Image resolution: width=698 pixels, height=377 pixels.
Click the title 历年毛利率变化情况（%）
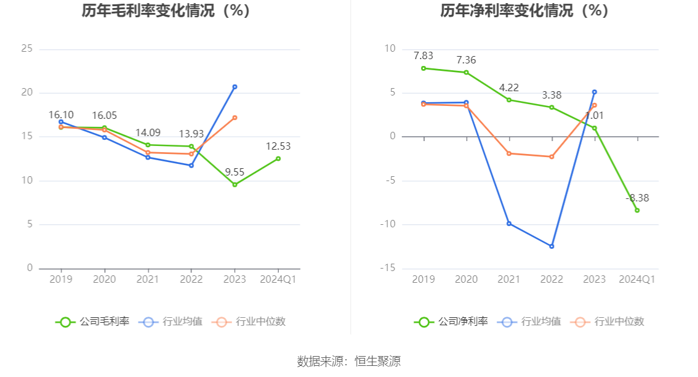[x=166, y=10]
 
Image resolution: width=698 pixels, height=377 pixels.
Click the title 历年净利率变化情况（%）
[x=524, y=10]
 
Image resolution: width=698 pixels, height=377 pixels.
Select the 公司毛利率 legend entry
[x=93, y=322]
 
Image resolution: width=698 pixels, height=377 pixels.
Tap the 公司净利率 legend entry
[x=451, y=322]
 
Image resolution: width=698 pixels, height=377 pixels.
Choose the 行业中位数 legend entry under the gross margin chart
[x=249, y=322]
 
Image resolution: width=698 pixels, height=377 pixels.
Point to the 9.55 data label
[x=234, y=172]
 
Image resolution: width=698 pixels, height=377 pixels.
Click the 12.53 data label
[x=278, y=146]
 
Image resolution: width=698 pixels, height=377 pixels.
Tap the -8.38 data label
[x=637, y=198]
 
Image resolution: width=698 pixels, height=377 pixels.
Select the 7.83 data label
[x=423, y=55]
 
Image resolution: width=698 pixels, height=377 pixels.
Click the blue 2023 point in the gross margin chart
[x=235, y=87]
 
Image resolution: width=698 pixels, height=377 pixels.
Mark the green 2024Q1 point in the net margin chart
[x=637, y=210]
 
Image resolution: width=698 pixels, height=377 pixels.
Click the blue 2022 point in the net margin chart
[x=552, y=246]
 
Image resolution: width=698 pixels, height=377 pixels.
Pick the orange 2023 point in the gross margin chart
[x=235, y=118]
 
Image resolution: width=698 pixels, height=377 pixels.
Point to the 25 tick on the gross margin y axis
[x=26, y=49]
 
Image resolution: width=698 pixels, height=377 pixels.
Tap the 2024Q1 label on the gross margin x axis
[x=278, y=279]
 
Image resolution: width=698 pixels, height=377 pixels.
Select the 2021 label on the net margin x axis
[x=509, y=279]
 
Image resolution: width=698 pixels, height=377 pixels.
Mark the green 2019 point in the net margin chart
[x=423, y=68]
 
